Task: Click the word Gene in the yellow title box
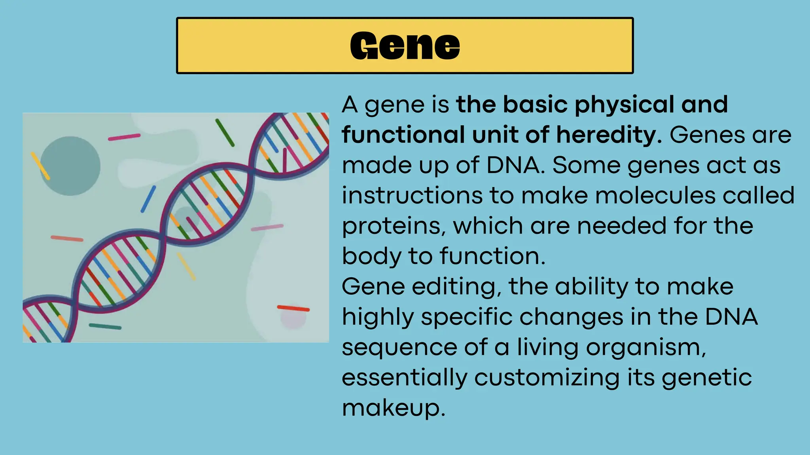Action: (x=405, y=46)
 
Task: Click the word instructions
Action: (x=412, y=196)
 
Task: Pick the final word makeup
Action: (x=394, y=408)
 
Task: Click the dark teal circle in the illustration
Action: (x=70, y=166)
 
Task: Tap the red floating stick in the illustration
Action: (x=293, y=308)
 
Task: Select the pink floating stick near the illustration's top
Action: (x=124, y=137)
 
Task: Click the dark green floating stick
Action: (x=225, y=133)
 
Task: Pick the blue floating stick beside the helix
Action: (x=148, y=199)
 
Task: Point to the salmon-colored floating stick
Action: (x=67, y=239)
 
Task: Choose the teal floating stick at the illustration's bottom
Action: (x=105, y=327)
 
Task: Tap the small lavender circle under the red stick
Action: (x=293, y=319)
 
